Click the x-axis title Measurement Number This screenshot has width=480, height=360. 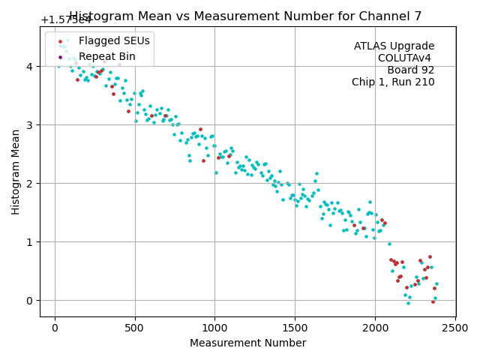(247, 343)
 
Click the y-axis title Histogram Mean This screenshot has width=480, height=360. (16, 172)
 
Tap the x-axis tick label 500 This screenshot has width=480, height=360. (135, 328)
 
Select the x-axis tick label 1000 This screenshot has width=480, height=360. (215, 328)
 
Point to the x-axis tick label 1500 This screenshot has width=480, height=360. (295, 328)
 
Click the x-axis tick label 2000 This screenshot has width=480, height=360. (376, 328)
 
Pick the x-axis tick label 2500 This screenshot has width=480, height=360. (456, 328)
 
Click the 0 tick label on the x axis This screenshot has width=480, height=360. (55, 328)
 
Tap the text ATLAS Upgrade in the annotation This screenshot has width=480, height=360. (394, 46)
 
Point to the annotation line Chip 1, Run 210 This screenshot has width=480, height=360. (393, 82)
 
